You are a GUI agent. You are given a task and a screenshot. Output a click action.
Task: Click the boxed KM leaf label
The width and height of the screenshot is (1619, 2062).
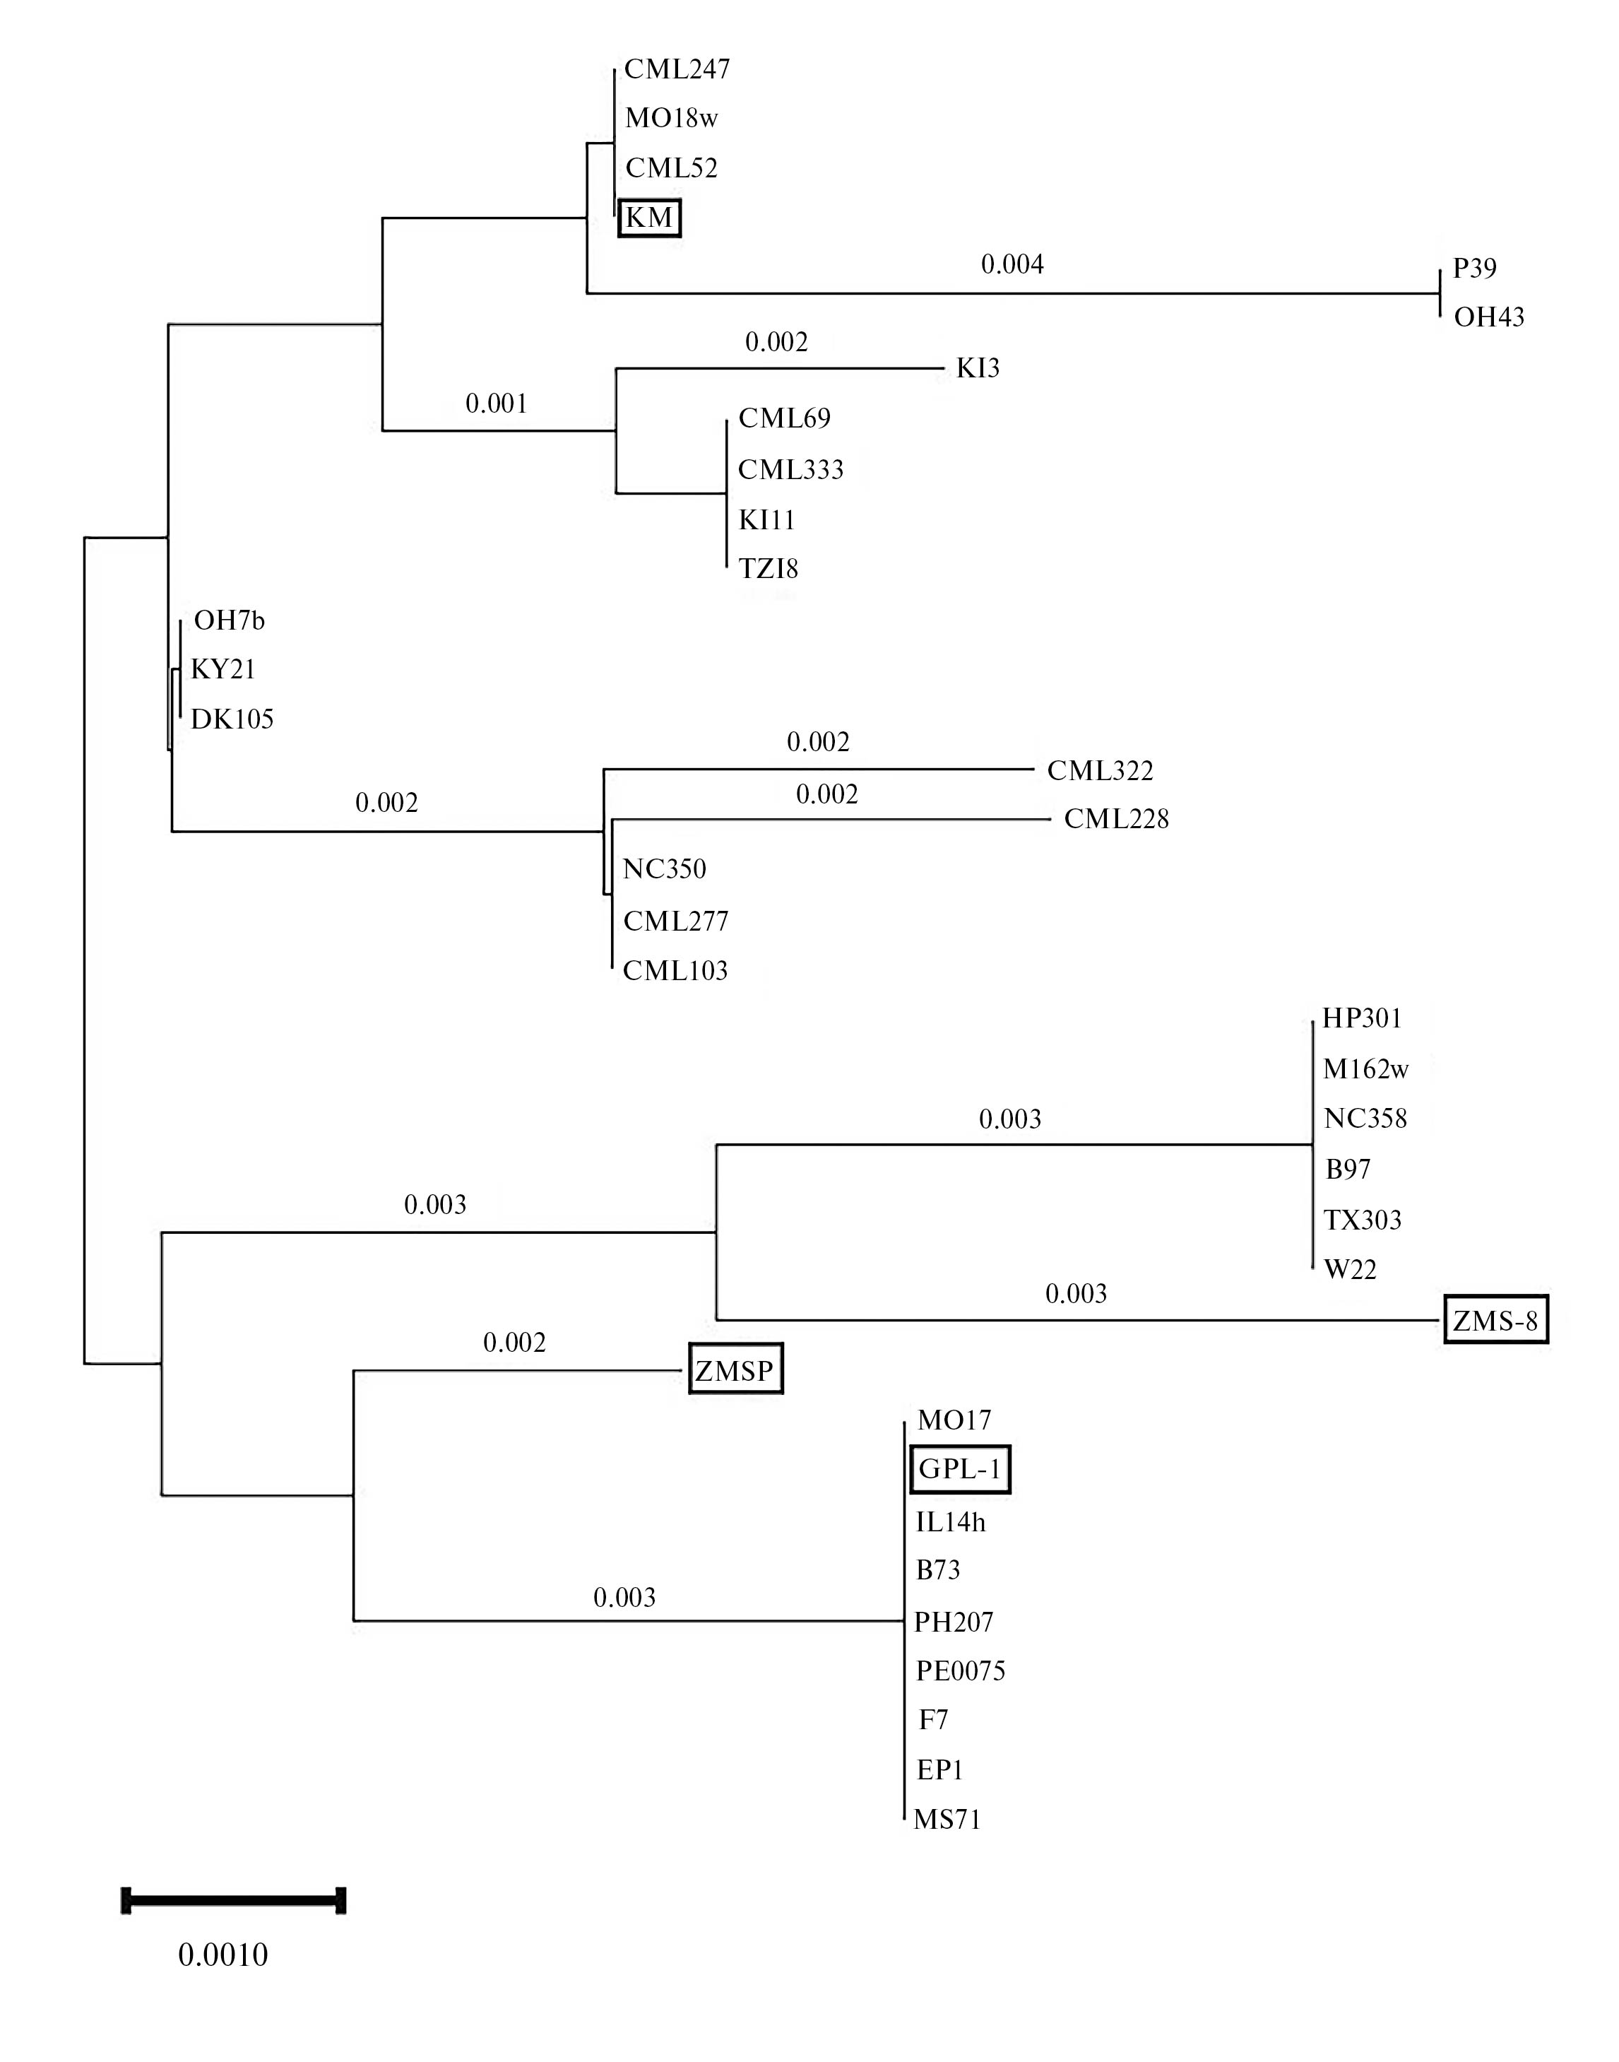[649, 218]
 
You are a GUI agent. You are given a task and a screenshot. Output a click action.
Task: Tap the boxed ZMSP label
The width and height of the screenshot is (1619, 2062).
[735, 1370]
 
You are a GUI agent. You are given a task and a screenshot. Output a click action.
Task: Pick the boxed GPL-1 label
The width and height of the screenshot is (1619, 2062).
[959, 1469]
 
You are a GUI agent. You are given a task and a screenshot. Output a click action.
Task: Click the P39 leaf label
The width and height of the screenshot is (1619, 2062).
[1474, 269]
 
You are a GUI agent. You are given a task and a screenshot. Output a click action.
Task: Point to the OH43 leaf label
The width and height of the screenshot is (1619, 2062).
[1488, 317]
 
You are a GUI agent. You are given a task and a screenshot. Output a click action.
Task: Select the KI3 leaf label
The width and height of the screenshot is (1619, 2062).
[978, 368]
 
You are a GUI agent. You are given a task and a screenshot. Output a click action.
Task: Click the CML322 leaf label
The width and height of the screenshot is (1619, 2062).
[1100, 771]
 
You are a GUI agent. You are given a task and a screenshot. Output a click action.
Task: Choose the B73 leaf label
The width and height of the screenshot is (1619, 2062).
[937, 1570]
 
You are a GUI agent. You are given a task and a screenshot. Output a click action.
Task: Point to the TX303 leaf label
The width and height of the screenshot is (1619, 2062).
[1362, 1220]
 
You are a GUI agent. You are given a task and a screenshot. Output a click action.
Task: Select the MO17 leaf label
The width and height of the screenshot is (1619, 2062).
[954, 1420]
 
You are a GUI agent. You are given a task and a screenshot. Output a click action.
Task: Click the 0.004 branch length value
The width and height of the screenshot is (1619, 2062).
[1012, 264]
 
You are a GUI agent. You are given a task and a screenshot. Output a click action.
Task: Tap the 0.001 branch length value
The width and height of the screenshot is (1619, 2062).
[496, 404]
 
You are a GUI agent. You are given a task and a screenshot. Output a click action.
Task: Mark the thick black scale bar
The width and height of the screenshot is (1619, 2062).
[233, 1900]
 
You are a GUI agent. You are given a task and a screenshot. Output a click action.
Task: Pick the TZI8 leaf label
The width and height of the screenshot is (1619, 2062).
[768, 569]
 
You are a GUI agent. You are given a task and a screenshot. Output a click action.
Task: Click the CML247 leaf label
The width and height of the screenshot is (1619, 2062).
[677, 69]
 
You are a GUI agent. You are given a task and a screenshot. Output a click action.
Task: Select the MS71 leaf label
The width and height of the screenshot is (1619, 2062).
[947, 1820]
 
